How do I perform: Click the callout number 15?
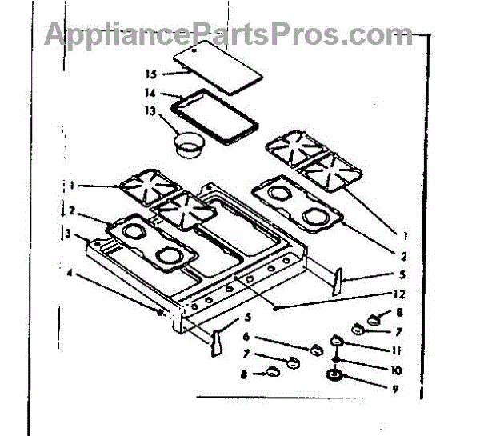[150, 74]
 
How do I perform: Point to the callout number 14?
[151, 93]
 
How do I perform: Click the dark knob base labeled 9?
[334, 376]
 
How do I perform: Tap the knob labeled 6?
[315, 349]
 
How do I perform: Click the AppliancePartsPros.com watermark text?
[228, 34]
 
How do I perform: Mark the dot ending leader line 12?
[274, 307]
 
